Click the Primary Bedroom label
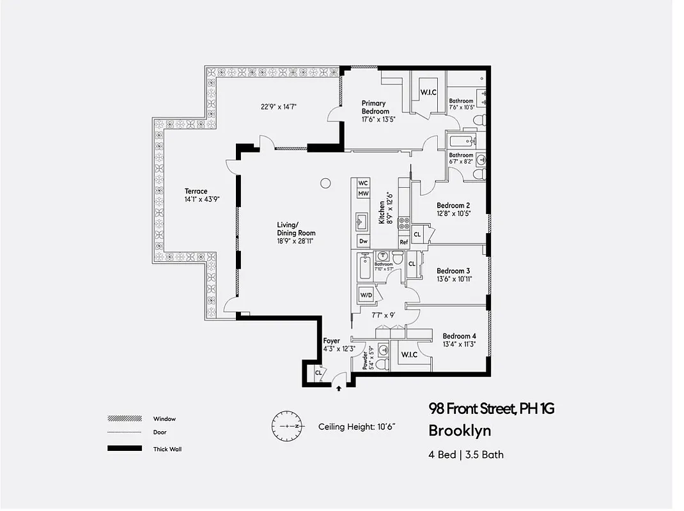point(375,107)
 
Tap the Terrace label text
point(196,191)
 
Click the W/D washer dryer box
point(366,296)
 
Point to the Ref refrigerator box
point(403,242)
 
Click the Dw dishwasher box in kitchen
point(363,241)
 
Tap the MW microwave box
point(363,194)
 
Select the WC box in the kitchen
point(363,183)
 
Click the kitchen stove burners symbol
point(404,223)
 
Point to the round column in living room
point(325,183)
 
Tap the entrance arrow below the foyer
point(338,387)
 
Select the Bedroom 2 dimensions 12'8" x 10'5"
point(455,213)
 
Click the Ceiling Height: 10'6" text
point(361,427)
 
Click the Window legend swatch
point(125,419)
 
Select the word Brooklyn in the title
point(460,431)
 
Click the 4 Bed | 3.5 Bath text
point(466,455)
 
